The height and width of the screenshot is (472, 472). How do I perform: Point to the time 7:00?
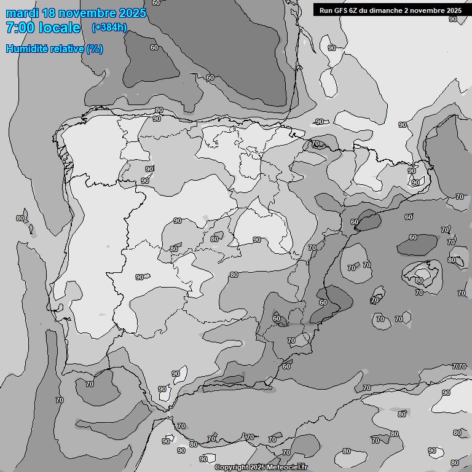pyautogui.click(x=20, y=28)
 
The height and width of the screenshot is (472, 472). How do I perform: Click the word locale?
pyautogui.click(x=59, y=28)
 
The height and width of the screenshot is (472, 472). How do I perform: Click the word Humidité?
pyautogui.click(x=28, y=49)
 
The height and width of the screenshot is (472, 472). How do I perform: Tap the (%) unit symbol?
pyautogui.click(x=95, y=49)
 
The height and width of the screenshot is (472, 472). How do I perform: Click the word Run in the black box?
pyautogui.click(x=326, y=10)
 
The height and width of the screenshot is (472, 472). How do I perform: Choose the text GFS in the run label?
pyautogui.click(x=341, y=10)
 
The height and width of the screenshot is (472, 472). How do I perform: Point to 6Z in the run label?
pyautogui.click(x=355, y=10)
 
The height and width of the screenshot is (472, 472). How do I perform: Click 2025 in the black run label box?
pyautogui.click(x=452, y=10)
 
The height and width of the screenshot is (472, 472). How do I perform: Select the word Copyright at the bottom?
pyautogui.click(x=232, y=468)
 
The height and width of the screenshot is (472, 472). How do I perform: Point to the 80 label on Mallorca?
pyautogui.click(x=419, y=280)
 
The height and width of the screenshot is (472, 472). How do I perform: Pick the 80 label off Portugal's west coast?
pyautogui.click(x=20, y=218)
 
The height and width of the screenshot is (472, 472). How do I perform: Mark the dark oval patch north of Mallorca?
pyautogui.click(x=417, y=245)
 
